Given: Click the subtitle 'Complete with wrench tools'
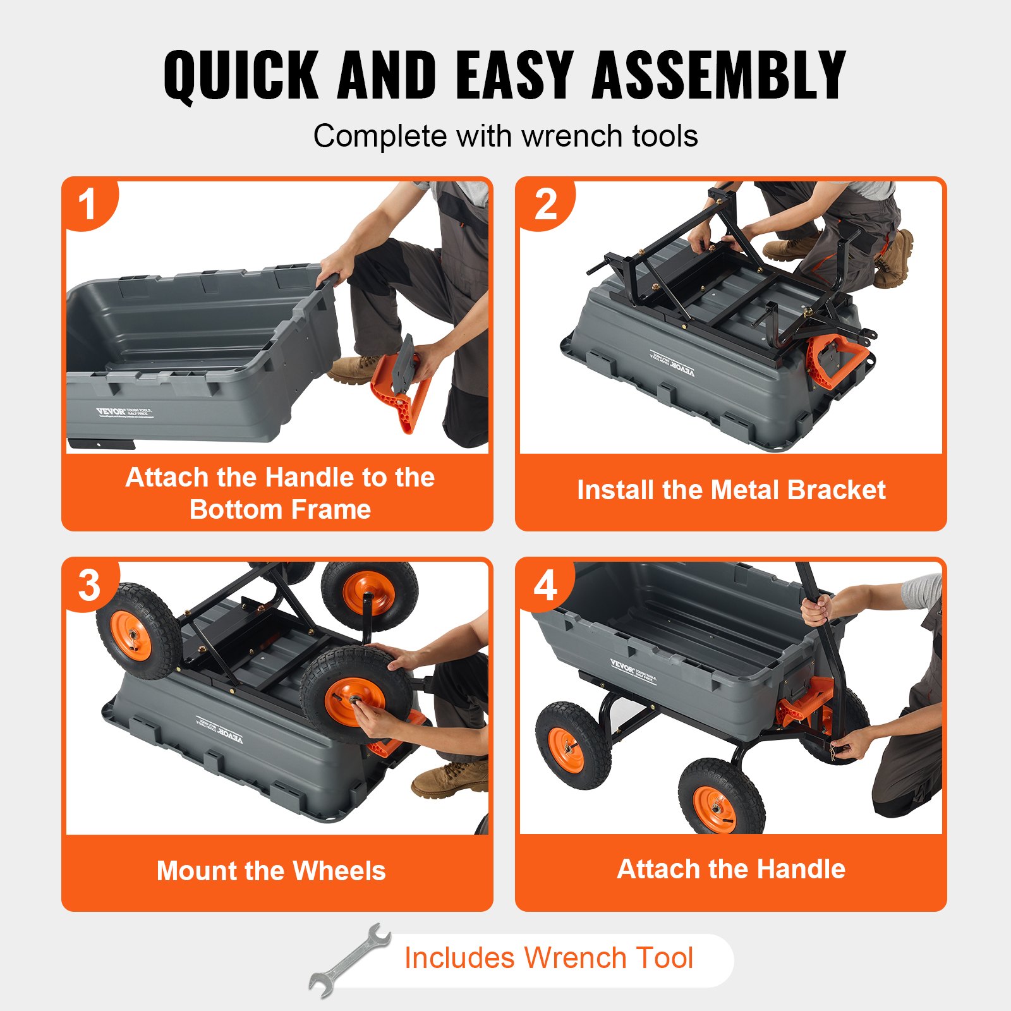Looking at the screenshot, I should [505, 136].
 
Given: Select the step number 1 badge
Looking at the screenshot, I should [87, 204].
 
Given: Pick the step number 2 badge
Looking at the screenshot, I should [545, 204].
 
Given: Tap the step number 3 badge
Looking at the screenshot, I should [89, 585].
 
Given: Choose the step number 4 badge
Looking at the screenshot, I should [545, 585].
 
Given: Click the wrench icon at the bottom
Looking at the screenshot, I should [349, 960].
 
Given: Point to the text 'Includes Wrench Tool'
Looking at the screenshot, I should [548, 957].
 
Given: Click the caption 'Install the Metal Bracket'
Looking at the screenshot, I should [731, 490].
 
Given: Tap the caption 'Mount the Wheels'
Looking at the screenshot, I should [271, 871].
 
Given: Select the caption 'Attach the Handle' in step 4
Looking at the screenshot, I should [731, 869].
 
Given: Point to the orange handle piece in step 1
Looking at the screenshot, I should [402, 389].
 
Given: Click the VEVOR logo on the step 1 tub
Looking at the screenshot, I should [111, 411].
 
